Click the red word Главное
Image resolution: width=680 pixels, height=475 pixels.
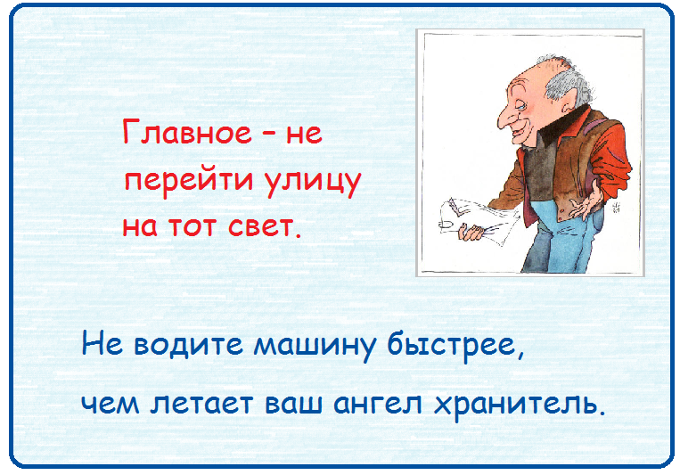187,132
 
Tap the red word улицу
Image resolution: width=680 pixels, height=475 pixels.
313,181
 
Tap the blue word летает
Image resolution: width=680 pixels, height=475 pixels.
202,405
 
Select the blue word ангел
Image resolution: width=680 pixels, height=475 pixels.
378,405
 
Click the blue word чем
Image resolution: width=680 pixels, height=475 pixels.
111,405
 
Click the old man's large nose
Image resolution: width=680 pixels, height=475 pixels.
506,116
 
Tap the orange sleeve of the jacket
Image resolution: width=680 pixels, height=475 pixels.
610,160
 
